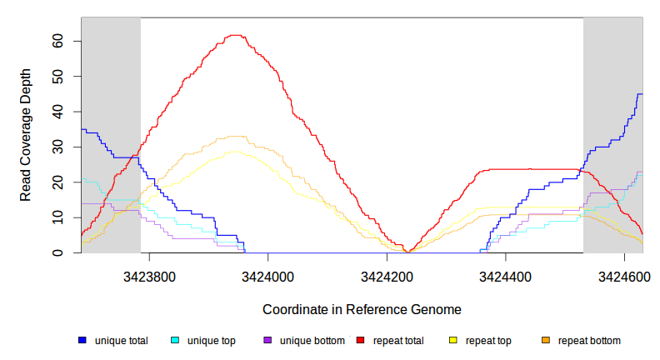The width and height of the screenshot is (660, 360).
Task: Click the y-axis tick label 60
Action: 59,41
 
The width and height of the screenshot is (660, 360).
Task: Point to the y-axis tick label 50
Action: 59,77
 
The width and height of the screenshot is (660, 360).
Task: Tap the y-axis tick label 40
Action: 59,112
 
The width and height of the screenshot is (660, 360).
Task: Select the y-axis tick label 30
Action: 59,147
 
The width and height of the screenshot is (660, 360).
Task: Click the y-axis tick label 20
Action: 59,182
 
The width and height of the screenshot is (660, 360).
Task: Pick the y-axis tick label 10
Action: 59,217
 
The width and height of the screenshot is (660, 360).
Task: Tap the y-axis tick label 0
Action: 59,252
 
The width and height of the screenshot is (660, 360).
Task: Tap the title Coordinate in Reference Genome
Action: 362,309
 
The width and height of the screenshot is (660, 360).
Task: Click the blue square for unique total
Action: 82,341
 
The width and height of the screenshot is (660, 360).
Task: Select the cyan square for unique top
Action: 175,341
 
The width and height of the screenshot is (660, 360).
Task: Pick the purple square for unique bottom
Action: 267,341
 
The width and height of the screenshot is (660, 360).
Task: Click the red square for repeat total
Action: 360,341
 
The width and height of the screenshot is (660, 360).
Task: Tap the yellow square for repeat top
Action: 453,341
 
